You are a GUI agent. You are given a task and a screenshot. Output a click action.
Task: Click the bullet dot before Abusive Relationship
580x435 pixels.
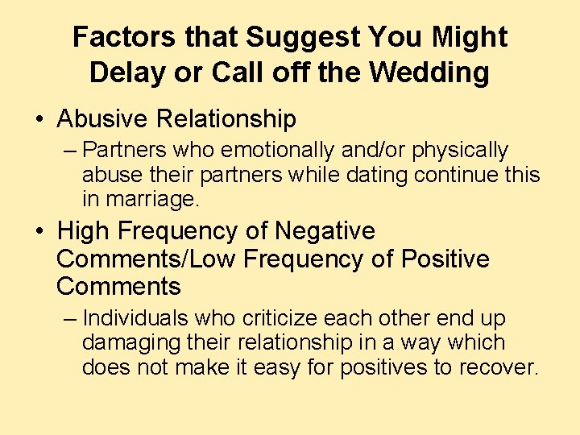39,120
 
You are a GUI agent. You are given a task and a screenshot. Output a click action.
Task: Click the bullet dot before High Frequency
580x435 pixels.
39,232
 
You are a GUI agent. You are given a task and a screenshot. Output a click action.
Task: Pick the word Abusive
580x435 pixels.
102,119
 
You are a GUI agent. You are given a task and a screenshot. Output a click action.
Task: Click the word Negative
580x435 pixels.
325,231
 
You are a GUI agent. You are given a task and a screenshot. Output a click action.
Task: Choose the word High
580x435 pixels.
84,231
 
